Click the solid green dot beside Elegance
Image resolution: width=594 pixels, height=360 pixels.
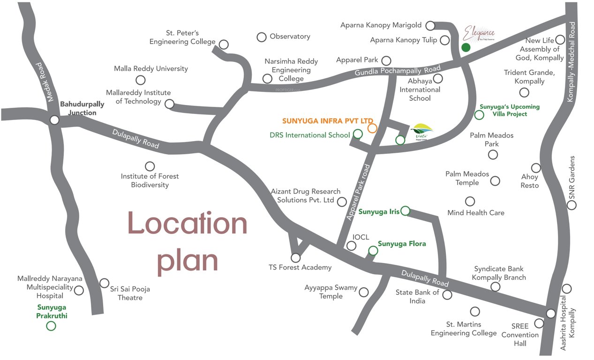click(x=466, y=47)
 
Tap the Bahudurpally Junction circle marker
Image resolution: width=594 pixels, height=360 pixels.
click(x=54, y=120)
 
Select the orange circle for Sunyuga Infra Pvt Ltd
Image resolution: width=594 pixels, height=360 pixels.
click(x=372, y=128)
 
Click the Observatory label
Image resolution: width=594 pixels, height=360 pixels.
click(x=290, y=37)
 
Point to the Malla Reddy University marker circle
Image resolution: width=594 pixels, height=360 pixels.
click(x=140, y=80)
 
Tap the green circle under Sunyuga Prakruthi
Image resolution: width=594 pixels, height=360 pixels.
click(x=51, y=325)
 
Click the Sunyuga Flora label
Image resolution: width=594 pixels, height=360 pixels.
click(x=402, y=244)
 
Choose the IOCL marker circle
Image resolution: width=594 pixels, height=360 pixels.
click(x=351, y=246)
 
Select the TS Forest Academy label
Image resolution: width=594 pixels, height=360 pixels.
click(x=300, y=268)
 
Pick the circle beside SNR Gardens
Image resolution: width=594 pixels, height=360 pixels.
click(x=572, y=205)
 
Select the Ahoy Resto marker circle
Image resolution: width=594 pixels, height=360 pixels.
click(x=536, y=168)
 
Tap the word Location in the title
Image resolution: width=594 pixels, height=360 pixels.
click(x=187, y=224)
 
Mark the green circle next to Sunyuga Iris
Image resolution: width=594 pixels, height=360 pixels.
click(x=406, y=211)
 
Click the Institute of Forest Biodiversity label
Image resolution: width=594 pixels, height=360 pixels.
click(x=150, y=180)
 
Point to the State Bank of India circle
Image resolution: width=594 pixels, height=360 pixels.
click(x=447, y=295)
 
